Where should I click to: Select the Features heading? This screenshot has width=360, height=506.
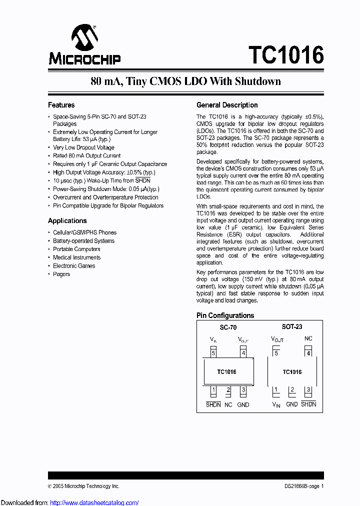coord(61,105)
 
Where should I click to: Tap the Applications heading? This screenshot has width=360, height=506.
coord(67,220)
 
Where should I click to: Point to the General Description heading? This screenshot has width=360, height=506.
coord(227,105)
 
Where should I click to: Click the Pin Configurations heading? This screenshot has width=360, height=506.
coord(225,315)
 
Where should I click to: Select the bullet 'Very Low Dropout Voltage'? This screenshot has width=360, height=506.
coord(83,147)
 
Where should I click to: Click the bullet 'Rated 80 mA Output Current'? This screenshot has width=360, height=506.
coord(86,155)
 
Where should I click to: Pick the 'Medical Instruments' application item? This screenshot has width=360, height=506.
coord(76,257)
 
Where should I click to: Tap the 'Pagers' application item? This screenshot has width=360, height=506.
coord(61,274)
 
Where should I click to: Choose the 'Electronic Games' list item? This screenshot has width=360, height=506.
coord(74,266)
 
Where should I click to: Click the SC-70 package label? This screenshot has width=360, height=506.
coord(228,327)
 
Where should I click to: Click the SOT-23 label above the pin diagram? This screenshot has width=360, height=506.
coord(291,326)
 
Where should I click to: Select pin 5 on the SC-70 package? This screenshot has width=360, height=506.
coord(213,353)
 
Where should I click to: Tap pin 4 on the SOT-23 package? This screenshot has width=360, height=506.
coord(308,353)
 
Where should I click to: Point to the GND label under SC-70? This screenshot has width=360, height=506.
coord(243,404)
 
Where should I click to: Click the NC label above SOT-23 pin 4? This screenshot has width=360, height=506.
coord(308,339)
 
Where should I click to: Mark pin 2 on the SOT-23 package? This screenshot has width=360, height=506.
coord(292,390)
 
